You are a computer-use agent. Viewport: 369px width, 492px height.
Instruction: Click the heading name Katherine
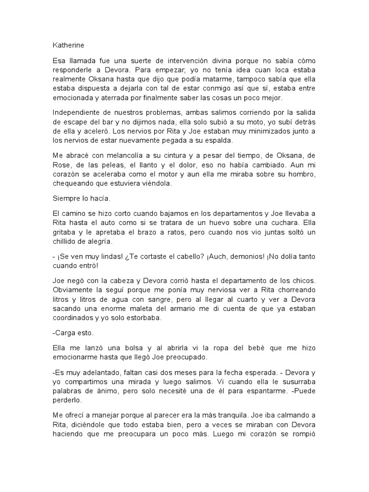pyautogui.click(x=68, y=46)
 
